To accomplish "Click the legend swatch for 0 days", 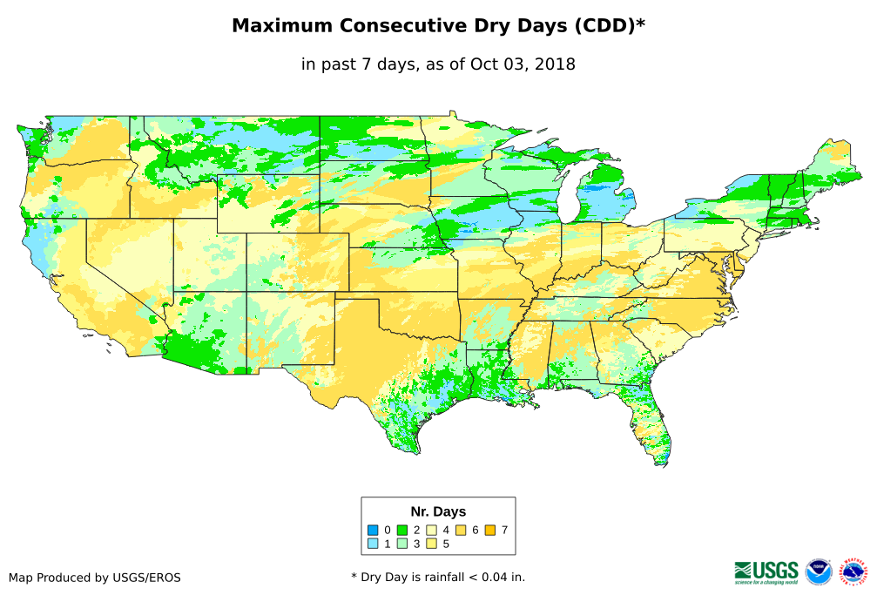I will coord(373,530).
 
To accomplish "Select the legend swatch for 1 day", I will coord(373,544).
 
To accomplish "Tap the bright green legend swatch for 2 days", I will coord(402,530).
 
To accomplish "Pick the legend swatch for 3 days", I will coord(402,544).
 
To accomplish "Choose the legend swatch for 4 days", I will coord(431,530).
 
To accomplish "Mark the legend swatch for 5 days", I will coord(431,544).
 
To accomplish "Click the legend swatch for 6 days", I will coord(461,530).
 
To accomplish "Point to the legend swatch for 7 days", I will coord(490,530).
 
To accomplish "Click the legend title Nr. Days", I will coord(438,511).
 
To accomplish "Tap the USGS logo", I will coord(766,571).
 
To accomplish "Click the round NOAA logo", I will coord(819,572).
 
